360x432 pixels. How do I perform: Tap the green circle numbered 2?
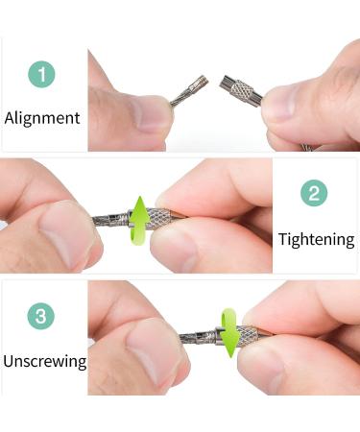point(314,195)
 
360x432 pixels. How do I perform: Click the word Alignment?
point(42,119)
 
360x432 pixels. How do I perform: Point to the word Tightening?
point(316,239)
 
